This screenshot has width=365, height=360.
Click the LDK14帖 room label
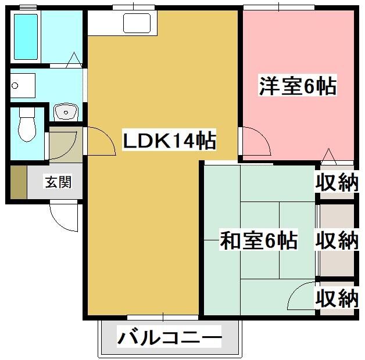pyautogui.click(x=170, y=141)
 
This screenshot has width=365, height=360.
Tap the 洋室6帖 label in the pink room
pyautogui.click(x=298, y=85)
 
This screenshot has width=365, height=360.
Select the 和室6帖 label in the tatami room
pyautogui.click(x=259, y=240)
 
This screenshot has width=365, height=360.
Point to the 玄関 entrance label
pyautogui.click(x=58, y=182)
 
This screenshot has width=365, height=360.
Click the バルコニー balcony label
pyautogui.click(x=169, y=338)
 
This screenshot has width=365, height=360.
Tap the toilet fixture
pyautogui.click(x=27, y=124)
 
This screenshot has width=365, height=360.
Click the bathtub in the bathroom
pyautogui.click(x=26, y=37)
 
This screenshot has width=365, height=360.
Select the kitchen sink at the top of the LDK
pyautogui.click(x=137, y=23)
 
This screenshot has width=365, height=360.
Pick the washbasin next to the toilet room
pyautogui.click(x=66, y=112)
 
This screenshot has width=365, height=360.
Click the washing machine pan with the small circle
pyautogui.click(x=23, y=85)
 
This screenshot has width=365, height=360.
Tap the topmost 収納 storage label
pyautogui.click(x=337, y=182)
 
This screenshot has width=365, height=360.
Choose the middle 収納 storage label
pyautogui.click(x=337, y=240)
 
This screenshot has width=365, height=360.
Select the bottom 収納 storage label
pyautogui.click(x=337, y=298)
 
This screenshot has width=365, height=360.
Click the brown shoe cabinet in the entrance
pyautogui.click(x=19, y=182)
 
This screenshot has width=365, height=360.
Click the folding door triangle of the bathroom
pyautogui.click(x=74, y=60)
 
